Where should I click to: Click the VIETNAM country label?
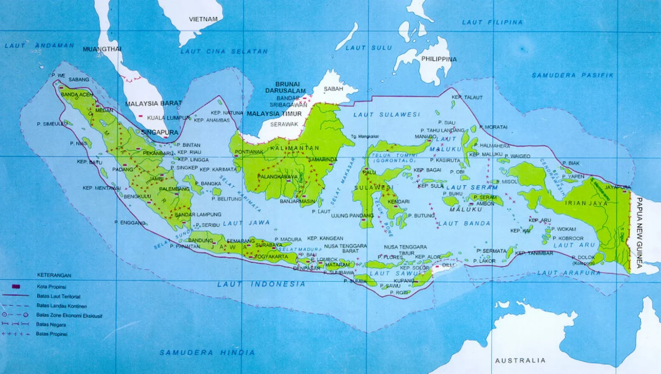[x=203, y=19]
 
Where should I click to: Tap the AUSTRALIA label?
[x=520, y=360]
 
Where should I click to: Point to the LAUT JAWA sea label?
[x=246, y=223]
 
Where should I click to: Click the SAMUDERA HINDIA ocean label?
[x=207, y=353]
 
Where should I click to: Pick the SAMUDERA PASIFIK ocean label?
[x=572, y=75]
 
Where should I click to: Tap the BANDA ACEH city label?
[x=77, y=95]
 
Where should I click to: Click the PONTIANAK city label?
[x=249, y=152]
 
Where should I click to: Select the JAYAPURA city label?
[x=617, y=187]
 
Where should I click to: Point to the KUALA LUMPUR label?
[x=168, y=118]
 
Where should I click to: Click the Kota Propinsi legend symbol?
[x=16, y=286]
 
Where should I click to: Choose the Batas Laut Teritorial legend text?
[x=59, y=296]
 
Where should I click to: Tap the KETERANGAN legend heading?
[x=54, y=275]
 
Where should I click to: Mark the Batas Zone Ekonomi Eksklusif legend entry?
[x=69, y=316]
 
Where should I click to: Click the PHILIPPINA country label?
[x=439, y=59]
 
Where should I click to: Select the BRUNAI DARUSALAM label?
[x=286, y=87]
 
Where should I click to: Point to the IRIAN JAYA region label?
[x=586, y=203]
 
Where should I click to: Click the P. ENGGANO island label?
[x=130, y=223]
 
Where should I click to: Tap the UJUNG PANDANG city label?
[x=352, y=216]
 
